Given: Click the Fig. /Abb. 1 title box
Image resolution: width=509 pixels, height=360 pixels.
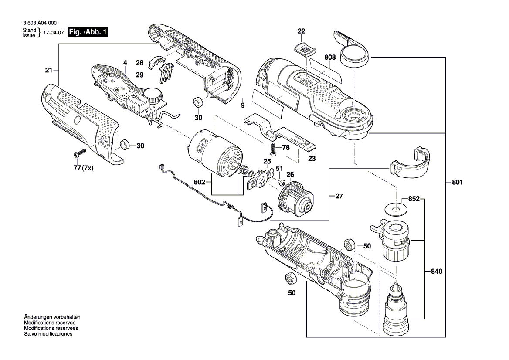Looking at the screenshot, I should coord(88,32).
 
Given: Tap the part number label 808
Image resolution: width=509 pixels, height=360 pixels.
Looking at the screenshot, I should coord(330,57).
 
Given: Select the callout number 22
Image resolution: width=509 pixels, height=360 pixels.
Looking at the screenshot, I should coord(302,31).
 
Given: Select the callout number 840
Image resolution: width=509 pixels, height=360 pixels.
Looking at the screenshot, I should coord(436,271).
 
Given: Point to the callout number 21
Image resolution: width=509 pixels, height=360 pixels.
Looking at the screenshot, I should coord(48,70).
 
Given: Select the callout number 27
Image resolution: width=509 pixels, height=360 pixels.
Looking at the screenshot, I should coord(339,197).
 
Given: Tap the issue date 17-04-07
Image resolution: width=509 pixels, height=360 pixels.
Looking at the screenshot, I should coord(53,33).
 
